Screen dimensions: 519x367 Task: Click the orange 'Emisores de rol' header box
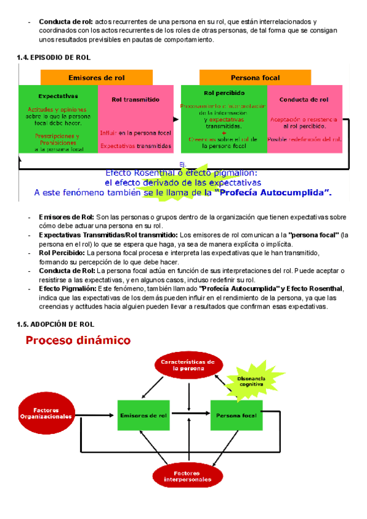tap(97, 78)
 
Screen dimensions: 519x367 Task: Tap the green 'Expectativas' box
tap(58, 119)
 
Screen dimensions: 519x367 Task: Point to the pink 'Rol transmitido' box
tap(136, 119)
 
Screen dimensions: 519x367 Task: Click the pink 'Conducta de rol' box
tap(303, 119)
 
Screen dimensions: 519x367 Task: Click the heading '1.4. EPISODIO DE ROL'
tap(54, 58)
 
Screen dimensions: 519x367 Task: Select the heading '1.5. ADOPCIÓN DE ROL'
tap(56, 324)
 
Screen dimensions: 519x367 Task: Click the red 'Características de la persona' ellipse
tap(188, 365)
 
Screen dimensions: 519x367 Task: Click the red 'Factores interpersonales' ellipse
tap(187, 476)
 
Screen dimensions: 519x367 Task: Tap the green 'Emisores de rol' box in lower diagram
tap(143, 416)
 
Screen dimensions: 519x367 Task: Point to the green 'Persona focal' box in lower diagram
tap(236, 416)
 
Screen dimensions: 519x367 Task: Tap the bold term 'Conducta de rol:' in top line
tap(66, 22)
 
